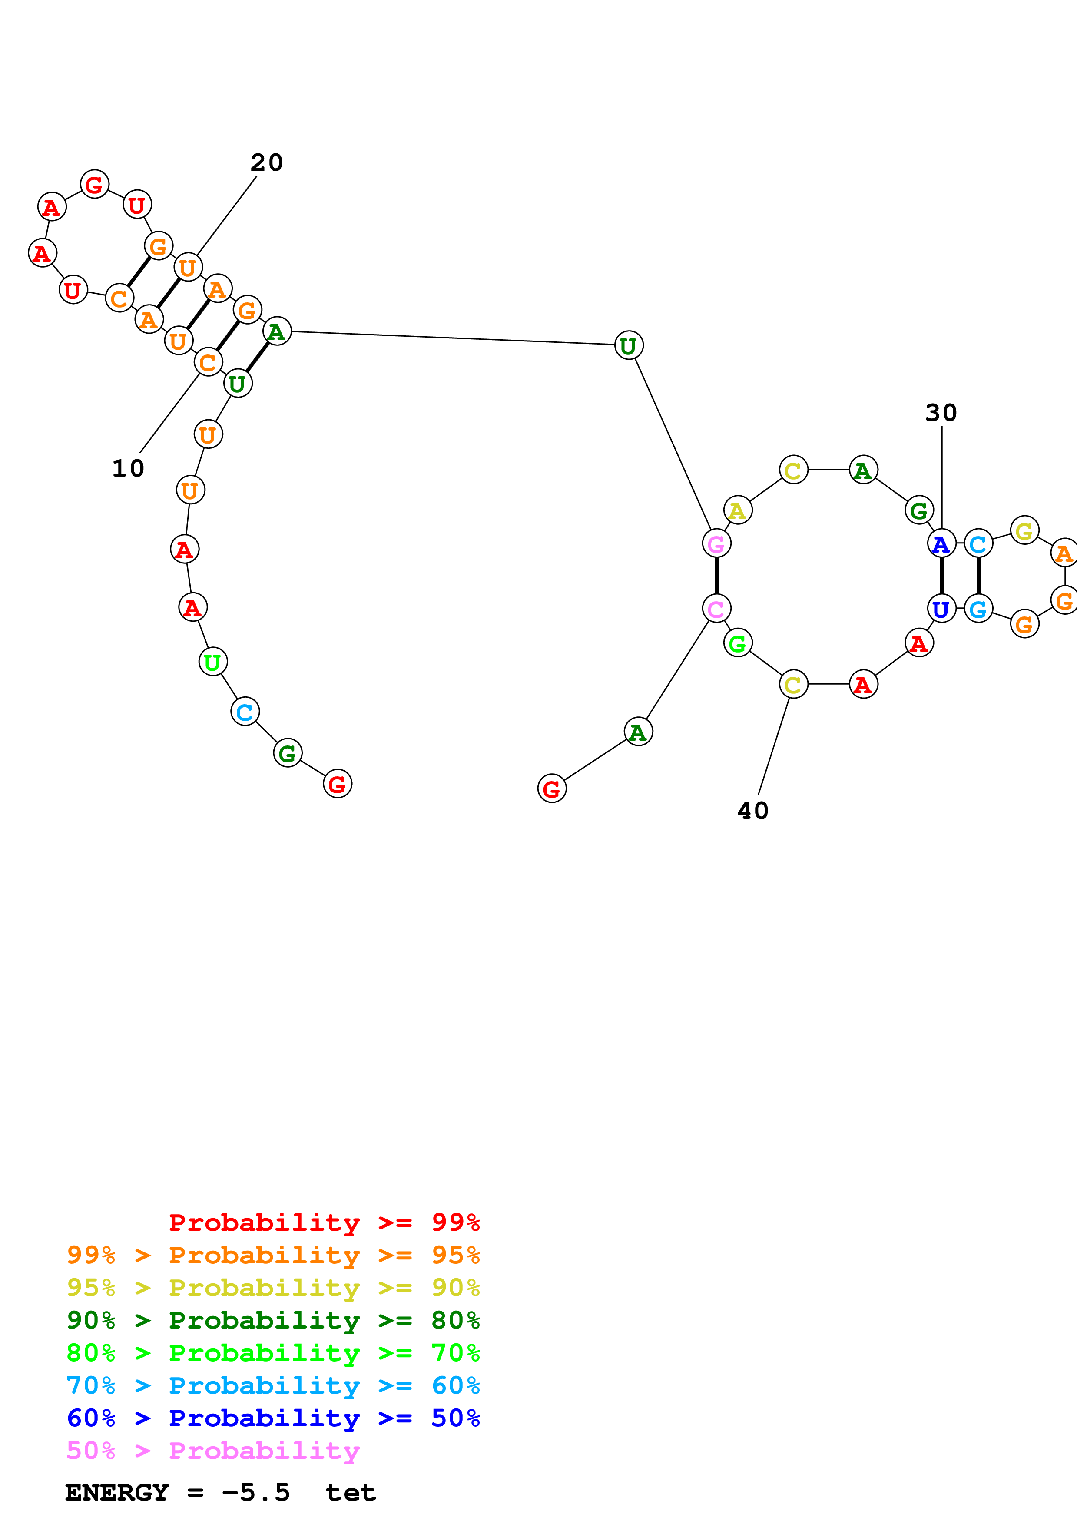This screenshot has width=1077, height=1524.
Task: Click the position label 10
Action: (x=128, y=469)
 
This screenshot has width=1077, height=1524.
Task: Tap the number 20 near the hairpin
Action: (x=267, y=162)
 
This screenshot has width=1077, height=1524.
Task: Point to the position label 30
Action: (x=941, y=413)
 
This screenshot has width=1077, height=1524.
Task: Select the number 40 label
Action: (x=753, y=811)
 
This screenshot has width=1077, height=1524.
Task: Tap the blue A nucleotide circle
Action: (x=941, y=543)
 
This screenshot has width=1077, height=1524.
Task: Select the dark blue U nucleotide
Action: (x=941, y=608)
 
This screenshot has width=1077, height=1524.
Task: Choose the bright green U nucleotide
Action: (x=213, y=662)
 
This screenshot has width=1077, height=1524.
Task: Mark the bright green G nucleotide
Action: (x=737, y=643)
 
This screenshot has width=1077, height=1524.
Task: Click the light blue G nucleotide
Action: (x=978, y=608)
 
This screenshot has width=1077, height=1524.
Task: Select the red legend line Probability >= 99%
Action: (x=324, y=1223)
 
